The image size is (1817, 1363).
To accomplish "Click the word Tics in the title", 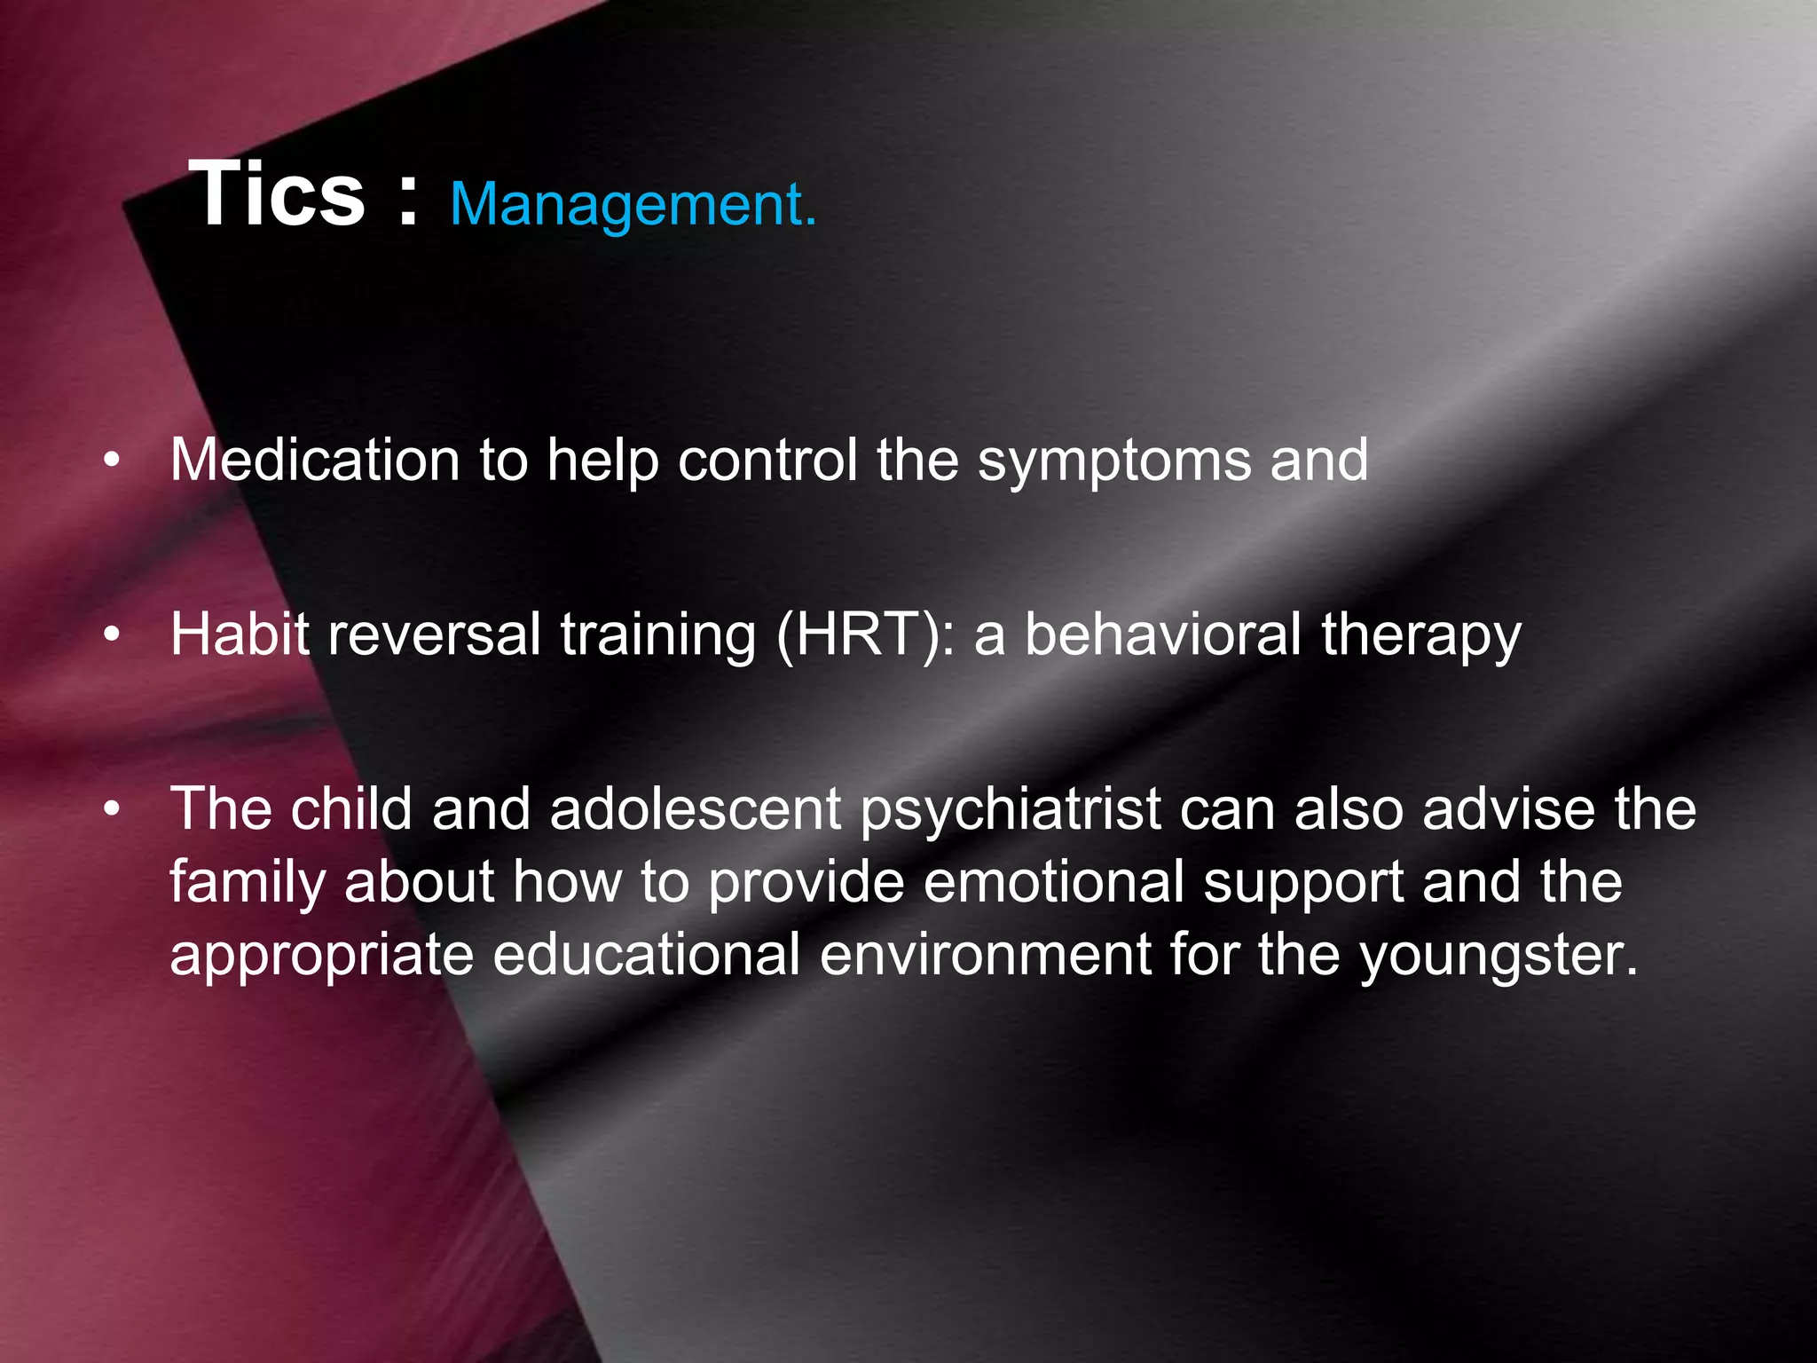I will [x=277, y=195].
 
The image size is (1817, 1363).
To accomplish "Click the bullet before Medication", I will [x=111, y=461].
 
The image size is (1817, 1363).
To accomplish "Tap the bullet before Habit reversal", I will [x=111, y=635].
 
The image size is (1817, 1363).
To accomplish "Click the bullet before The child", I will [x=111, y=809].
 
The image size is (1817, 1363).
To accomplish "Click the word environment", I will [x=985, y=955].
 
